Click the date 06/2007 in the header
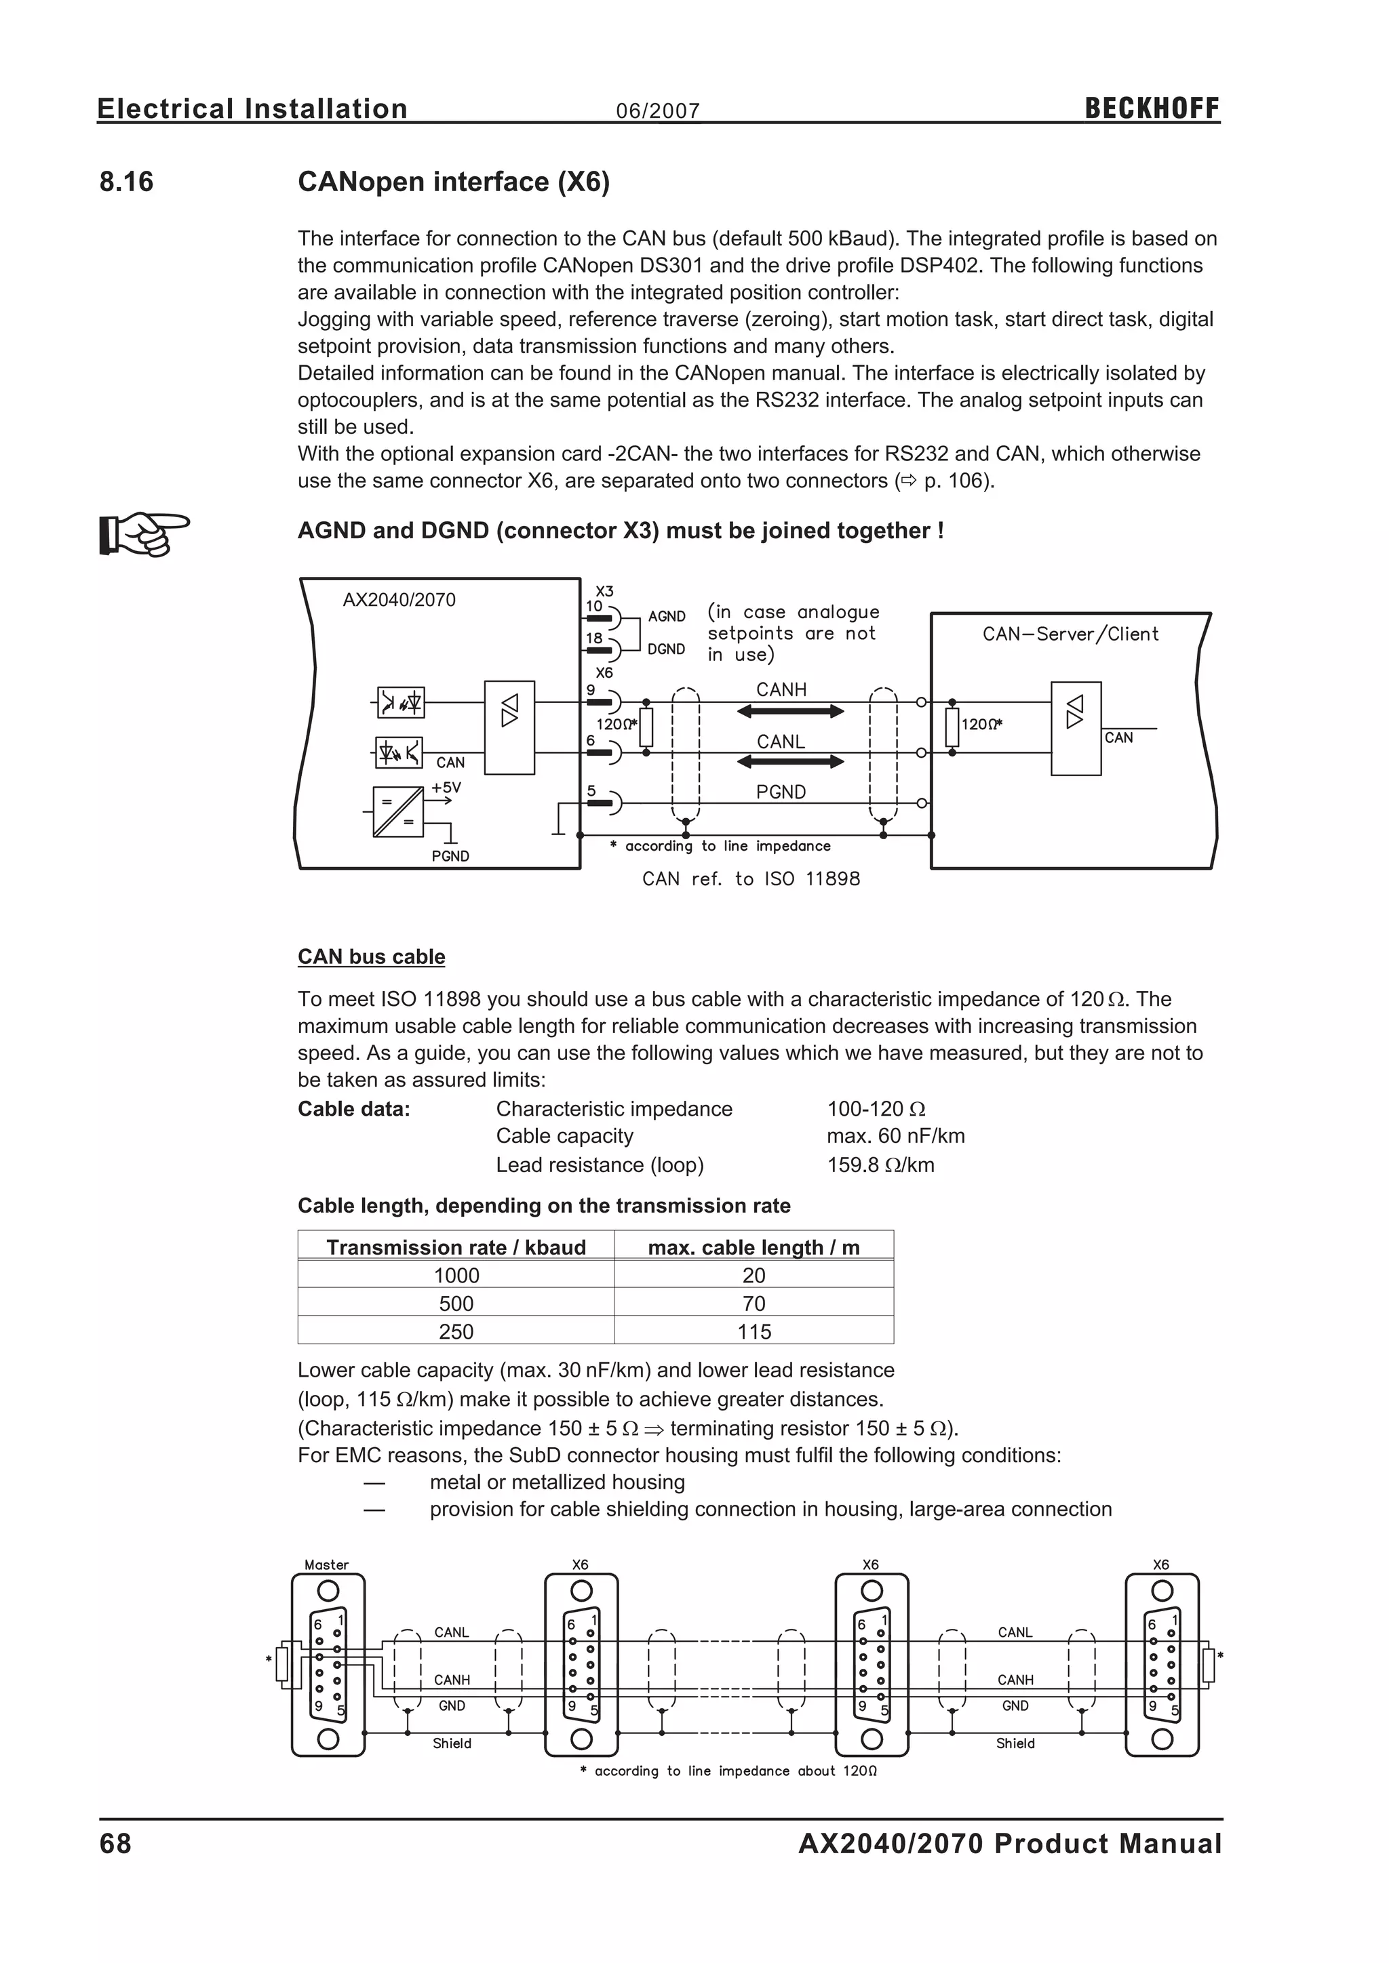pos(658,111)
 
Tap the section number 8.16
pos(127,182)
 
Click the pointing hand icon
pos(144,533)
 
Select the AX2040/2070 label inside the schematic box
pos(399,600)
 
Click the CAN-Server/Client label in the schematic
pos(1070,634)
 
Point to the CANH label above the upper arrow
pos(781,690)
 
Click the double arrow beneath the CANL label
pos(790,762)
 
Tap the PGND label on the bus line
pos(781,792)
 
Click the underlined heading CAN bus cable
pos(371,956)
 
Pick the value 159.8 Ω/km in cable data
pos(880,1165)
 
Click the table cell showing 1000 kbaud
pos(456,1276)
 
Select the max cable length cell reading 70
pos(754,1304)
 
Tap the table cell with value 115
pos(754,1332)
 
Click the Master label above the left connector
pos(327,1565)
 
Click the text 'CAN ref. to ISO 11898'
pos(751,879)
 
